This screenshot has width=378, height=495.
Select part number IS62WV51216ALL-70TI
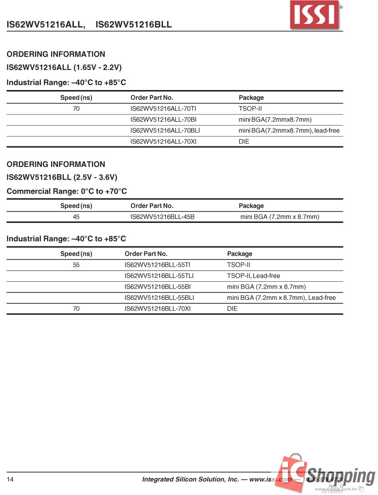(163, 109)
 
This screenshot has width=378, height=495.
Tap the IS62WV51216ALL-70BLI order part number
(165, 130)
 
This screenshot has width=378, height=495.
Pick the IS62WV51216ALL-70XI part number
(163, 142)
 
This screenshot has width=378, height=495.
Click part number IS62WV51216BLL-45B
(162, 217)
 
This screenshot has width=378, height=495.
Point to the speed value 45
(76, 217)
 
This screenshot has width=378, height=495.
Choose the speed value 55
(76, 265)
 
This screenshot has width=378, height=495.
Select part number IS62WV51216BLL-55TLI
(159, 275)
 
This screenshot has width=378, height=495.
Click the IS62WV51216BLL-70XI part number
(157, 309)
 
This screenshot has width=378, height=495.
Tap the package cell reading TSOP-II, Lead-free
(253, 275)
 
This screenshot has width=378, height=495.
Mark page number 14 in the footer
(10, 479)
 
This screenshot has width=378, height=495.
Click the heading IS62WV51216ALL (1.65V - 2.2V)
(64, 68)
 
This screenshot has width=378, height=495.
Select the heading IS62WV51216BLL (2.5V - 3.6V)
(62, 177)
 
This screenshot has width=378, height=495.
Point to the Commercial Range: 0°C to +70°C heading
(67, 191)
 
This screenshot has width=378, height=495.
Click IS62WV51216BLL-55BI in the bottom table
(158, 287)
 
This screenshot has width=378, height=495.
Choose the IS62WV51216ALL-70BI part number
(163, 120)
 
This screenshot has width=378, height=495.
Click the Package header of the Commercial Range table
(251, 206)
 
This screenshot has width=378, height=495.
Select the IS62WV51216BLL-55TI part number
(157, 265)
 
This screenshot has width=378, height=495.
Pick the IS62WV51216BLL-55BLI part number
(159, 297)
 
